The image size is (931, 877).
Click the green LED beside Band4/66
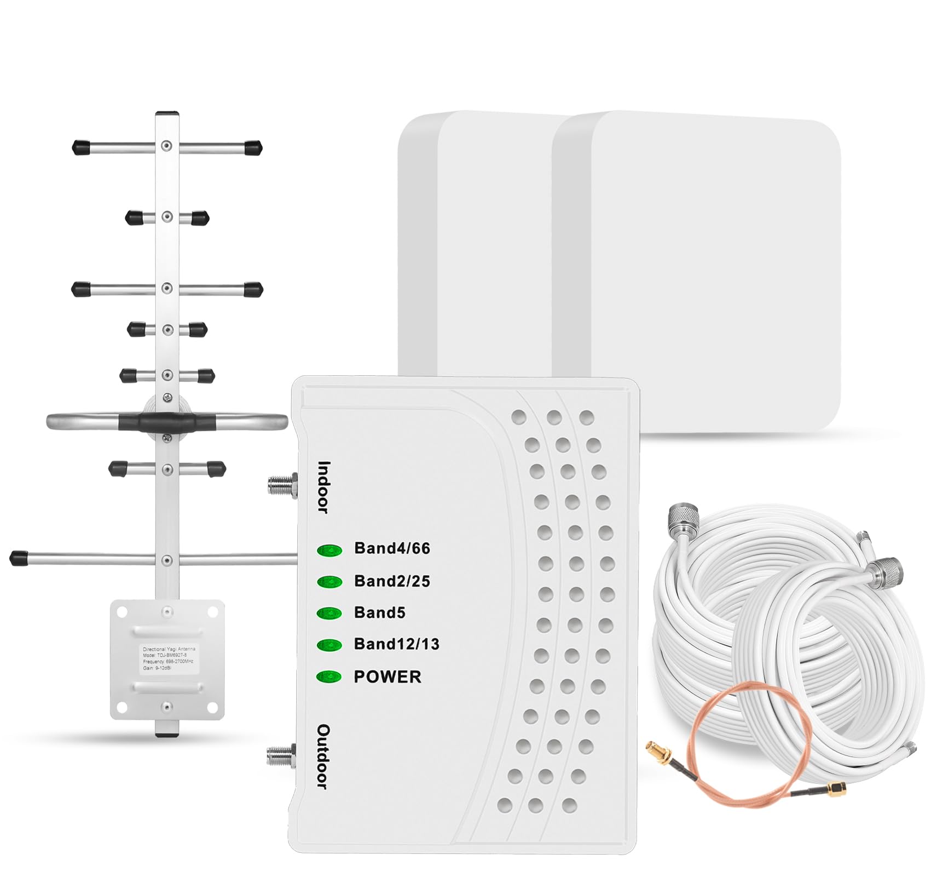(329, 549)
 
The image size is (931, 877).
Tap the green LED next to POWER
(329, 677)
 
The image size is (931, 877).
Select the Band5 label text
(379, 612)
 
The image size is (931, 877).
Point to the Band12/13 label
(396, 644)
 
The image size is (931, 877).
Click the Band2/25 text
(392, 581)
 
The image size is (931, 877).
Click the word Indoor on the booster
(324, 488)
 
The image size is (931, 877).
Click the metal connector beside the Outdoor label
(281, 756)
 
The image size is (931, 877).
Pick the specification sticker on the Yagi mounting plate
(168, 658)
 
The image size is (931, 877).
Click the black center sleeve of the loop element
(167, 422)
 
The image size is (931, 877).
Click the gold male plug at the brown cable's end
(836, 789)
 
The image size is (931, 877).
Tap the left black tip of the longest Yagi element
(19, 558)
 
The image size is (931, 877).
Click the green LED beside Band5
(329, 613)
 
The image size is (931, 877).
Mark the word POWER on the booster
(388, 677)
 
